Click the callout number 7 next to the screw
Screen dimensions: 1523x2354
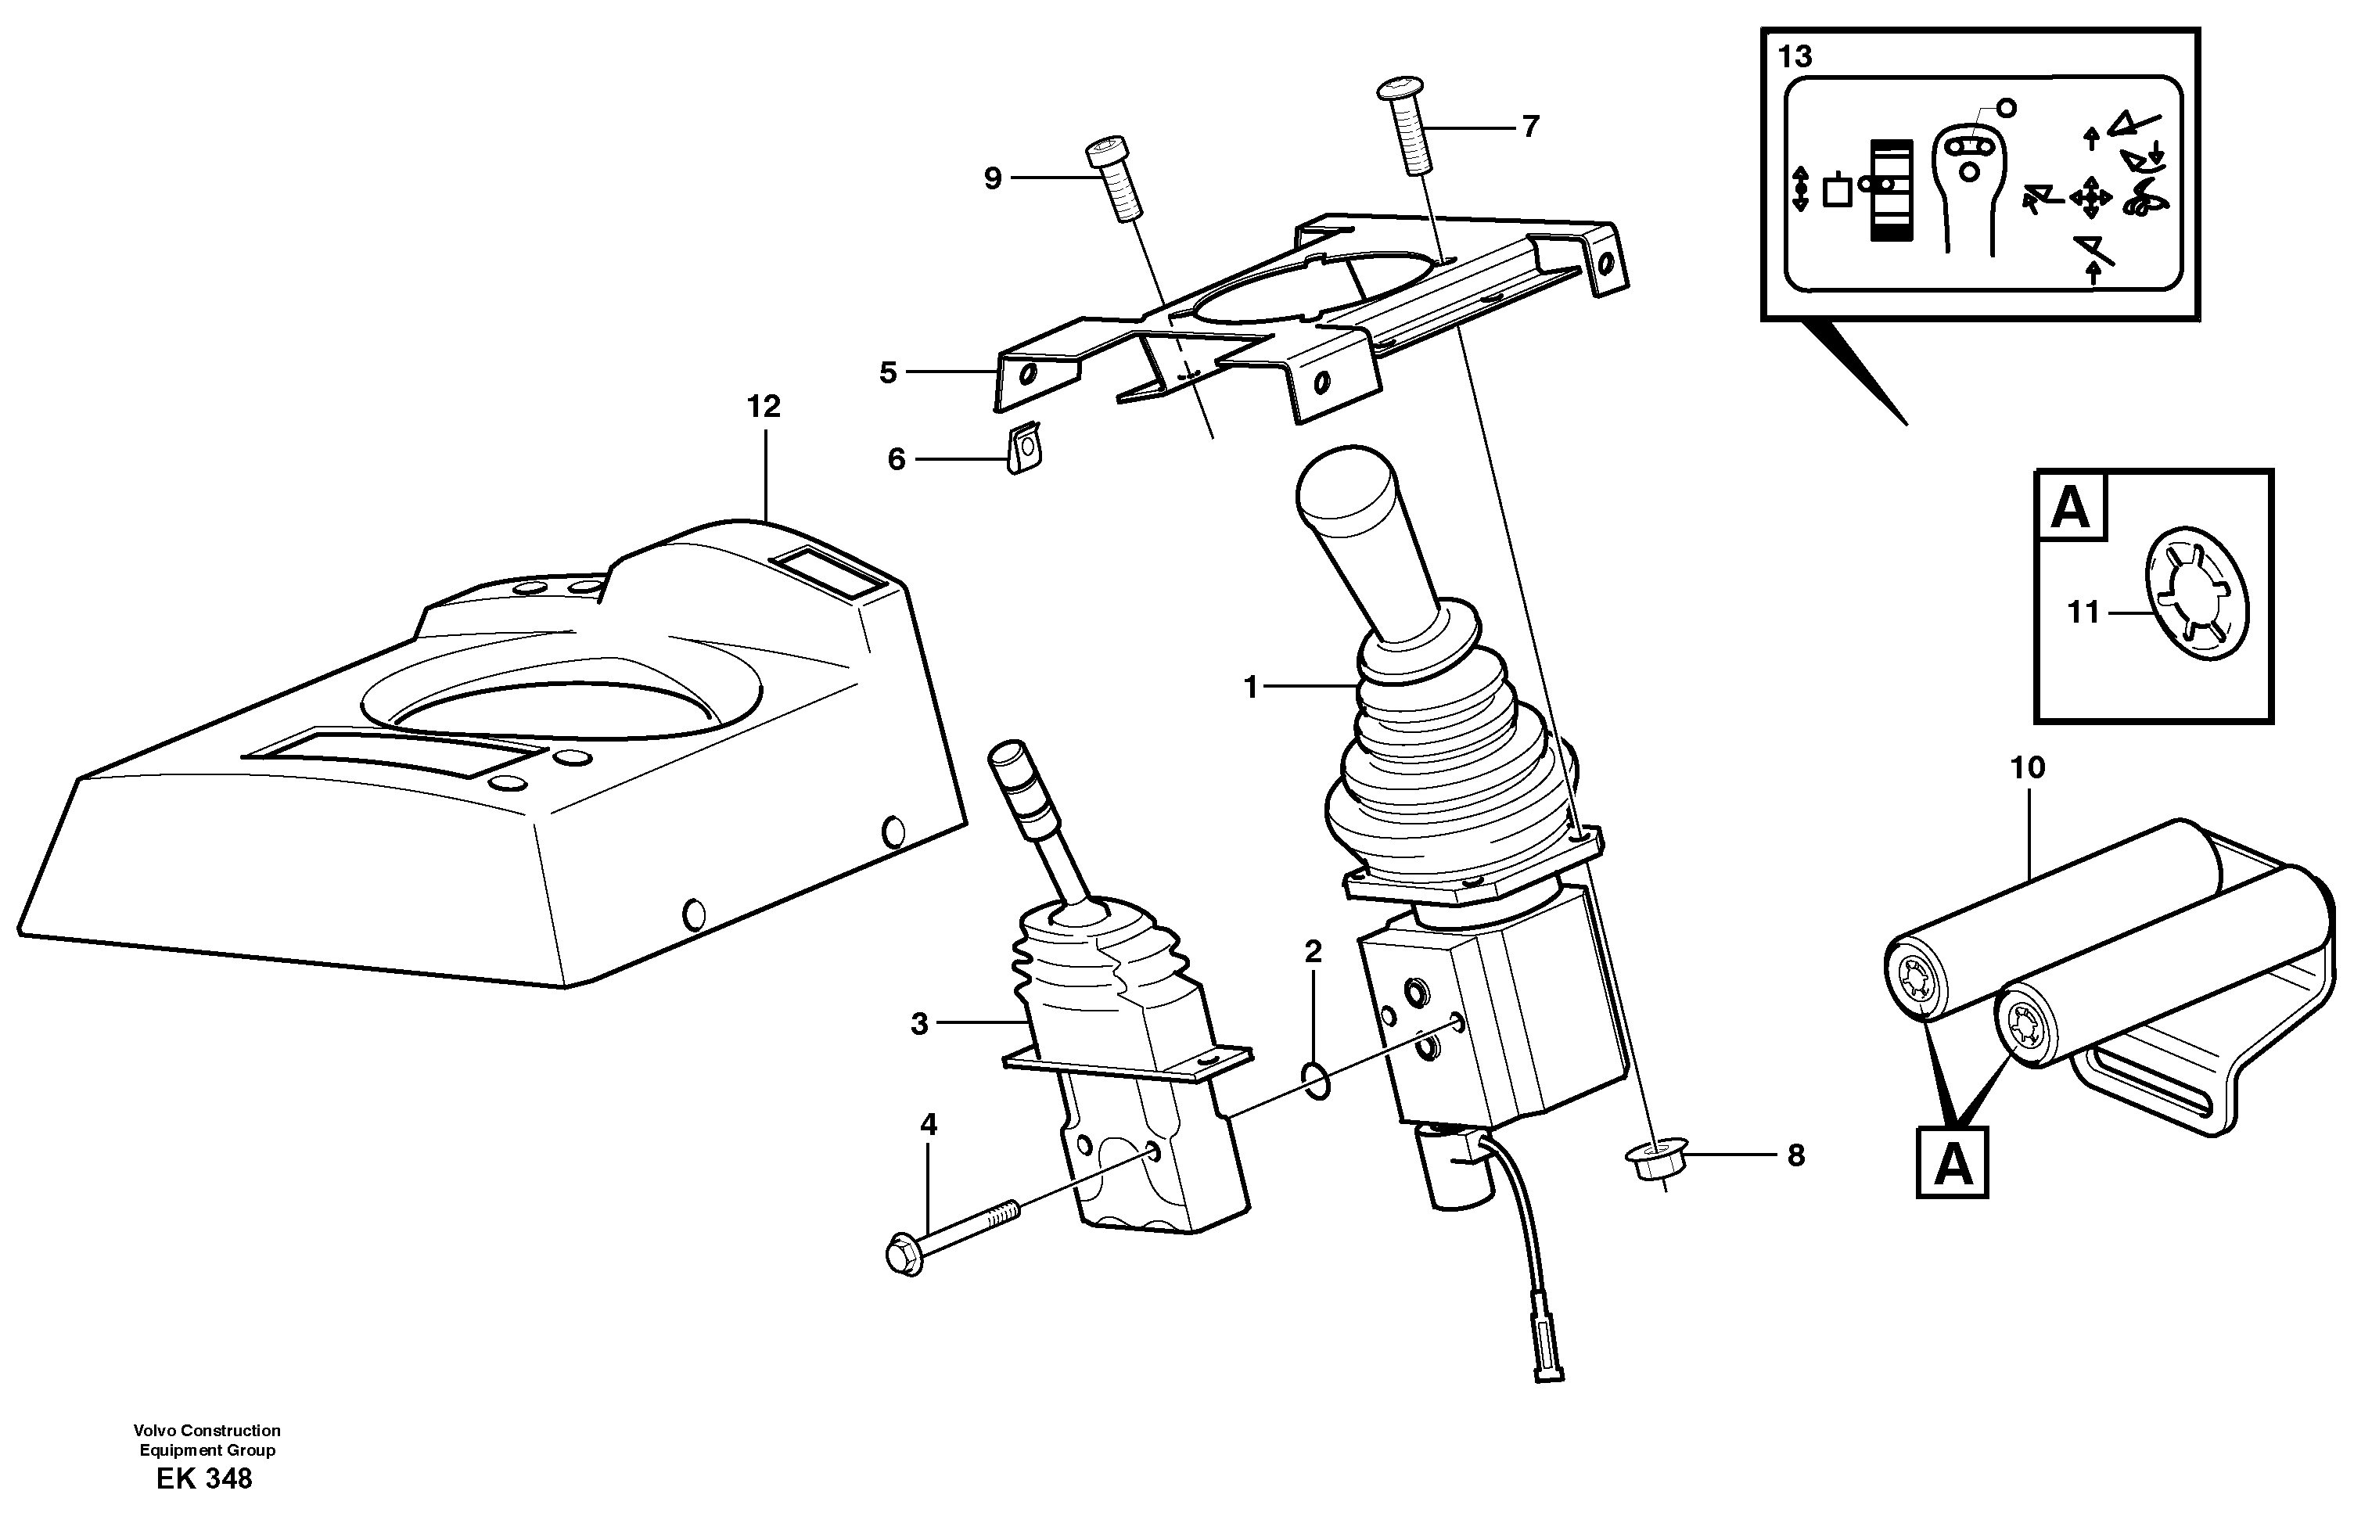(x=1530, y=128)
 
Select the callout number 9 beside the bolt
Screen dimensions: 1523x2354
(x=993, y=179)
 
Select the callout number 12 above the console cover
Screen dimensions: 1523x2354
(x=764, y=407)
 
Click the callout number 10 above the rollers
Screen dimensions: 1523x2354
(x=2029, y=767)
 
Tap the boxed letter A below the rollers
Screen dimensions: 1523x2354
(x=1953, y=1163)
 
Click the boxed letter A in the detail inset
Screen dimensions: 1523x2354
(x=2071, y=508)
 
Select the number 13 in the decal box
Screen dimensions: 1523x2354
(x=1795, y=57)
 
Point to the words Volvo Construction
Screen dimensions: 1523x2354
(x=207, y=1430)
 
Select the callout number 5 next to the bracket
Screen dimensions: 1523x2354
(x=887, y=373)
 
